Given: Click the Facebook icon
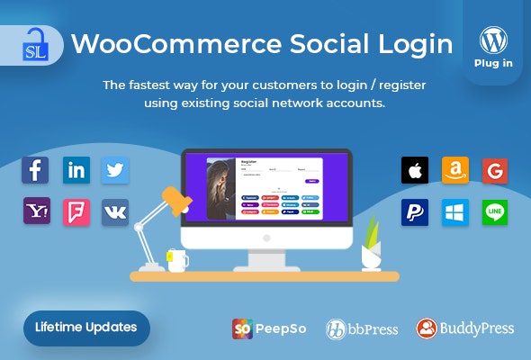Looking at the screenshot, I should click(x=36, y=170).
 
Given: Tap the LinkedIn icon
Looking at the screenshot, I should click(x=76, y=170).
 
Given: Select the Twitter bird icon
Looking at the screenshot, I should click(x=115, y=170).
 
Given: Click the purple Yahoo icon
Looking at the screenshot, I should click(x=36, y=211).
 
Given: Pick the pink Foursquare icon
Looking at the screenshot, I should click(x=76, y=211).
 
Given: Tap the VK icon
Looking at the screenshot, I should click(x=115, y=211).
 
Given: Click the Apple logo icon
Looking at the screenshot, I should click(x=415, y=170).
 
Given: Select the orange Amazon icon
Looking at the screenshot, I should click(x=455, y=170).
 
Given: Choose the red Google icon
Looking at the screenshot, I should click(x=495, y=170).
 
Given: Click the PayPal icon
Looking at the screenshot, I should click(x=415, y=212).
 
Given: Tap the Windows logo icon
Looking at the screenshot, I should click(x=455, y=212).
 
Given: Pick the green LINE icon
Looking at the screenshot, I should click(x=495, y=212).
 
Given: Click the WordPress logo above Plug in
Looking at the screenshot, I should click(x=492, y=41).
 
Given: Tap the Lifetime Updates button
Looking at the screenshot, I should click(x=86, y=327).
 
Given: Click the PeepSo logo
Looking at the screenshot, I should click(x=269, y=328).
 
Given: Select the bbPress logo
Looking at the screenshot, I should click(x=362, y=328).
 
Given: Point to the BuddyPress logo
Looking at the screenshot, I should click(x=465, y=328).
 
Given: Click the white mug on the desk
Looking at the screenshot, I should click(x=177, y=260).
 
